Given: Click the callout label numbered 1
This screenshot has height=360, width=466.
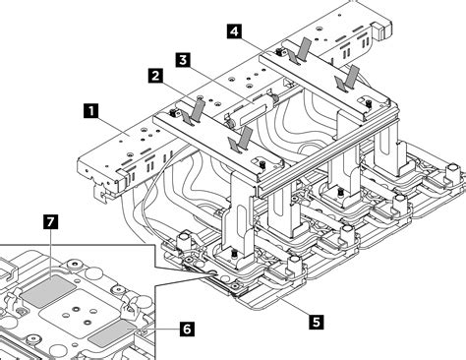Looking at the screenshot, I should tap(90, 112).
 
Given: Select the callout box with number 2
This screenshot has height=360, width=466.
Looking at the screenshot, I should tap(155, 74).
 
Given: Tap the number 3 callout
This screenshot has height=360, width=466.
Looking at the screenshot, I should tap(184, 59).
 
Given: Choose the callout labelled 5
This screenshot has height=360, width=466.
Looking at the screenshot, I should tap(315, 320).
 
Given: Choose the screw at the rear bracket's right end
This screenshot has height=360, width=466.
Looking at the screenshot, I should tap(367, 97).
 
